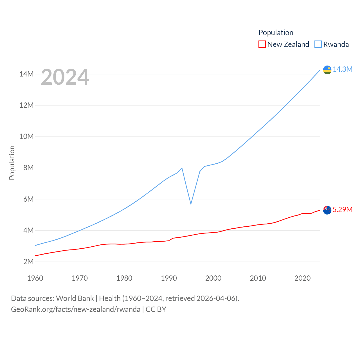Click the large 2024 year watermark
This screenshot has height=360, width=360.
65,77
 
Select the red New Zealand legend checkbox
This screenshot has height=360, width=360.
262,44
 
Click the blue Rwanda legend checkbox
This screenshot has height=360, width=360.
318,44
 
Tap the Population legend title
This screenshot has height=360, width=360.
276,33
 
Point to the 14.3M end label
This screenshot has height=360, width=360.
342,69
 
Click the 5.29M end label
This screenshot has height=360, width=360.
342,210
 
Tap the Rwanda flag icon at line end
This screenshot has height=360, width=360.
327,70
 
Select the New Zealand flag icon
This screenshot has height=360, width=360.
327,210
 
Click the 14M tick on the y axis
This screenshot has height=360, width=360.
26,74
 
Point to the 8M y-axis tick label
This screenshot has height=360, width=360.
28,168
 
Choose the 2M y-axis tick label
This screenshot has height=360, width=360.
28,262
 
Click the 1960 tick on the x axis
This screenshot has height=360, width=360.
35,278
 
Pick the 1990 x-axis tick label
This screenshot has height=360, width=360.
169,278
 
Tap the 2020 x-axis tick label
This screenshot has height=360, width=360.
302,278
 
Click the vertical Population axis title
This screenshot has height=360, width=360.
12,163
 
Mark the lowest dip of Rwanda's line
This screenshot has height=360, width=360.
191,204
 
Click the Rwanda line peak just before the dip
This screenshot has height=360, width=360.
182,168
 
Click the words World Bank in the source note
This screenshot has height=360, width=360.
75,298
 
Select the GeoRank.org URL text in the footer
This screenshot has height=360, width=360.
76,309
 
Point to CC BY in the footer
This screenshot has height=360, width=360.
156,309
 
